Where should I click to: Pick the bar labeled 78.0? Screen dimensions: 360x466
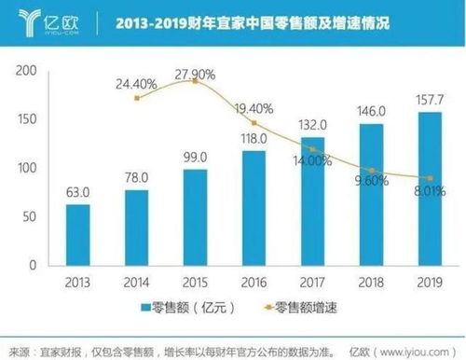click(x=136, y=228)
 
